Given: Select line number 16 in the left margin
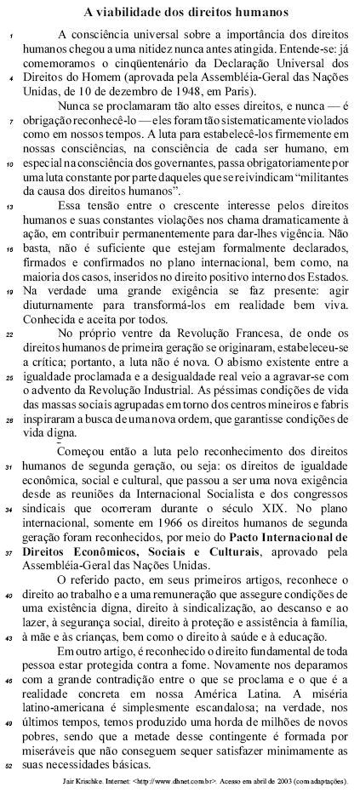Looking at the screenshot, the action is pyautogui.click(x=9, y=250).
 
